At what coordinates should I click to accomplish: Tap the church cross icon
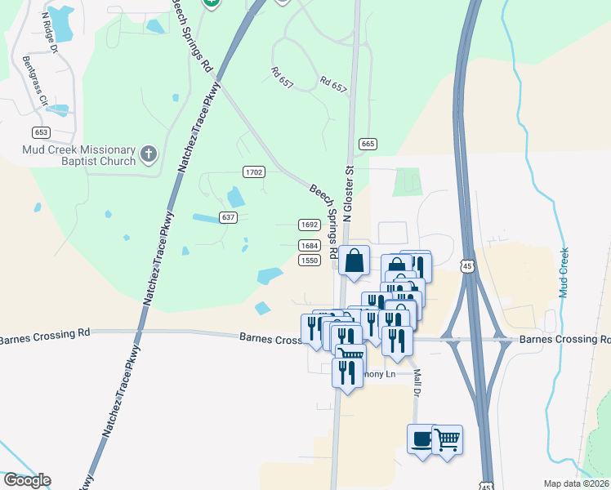pos(148,153)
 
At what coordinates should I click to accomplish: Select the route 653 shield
pos(42,131)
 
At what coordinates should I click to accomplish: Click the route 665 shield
pos(367,144)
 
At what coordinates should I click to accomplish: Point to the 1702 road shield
pos(254,171)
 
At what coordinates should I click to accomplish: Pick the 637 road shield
pos(229,217)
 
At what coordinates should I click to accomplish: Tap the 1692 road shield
pos(309,225)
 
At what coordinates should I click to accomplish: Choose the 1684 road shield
pos(309,245)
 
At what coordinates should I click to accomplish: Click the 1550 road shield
pos(309,260)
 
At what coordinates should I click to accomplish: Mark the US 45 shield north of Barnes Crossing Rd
pos(466,266)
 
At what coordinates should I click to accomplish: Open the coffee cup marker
pos(422,439)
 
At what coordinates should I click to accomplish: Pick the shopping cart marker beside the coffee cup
pos(447,439)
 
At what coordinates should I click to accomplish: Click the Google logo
pos(26,480)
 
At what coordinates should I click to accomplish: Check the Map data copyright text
pos(577,483)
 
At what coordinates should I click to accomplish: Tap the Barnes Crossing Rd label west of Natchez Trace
pos(45,334)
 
